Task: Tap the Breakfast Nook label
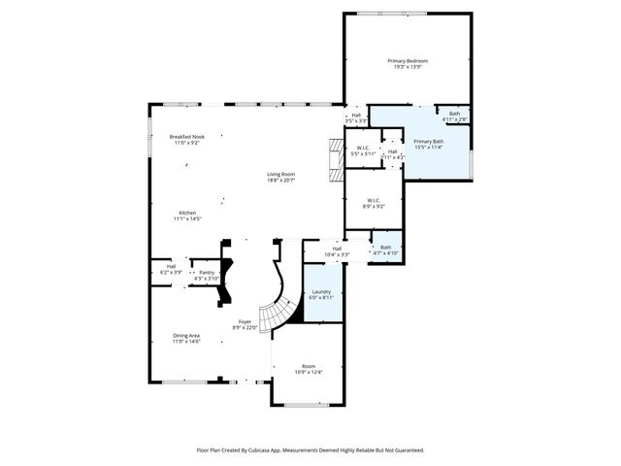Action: [186, 137]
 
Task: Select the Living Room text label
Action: [280, 174]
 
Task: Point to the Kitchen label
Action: [186, 213]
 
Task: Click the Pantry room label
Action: [207, 273]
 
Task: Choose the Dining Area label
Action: [186, 335]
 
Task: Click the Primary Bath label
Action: [428, 142]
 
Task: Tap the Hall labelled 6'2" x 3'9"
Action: [171, 266]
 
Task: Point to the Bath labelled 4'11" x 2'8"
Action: [455, 114]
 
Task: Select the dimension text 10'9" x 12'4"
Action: [308, 372]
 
